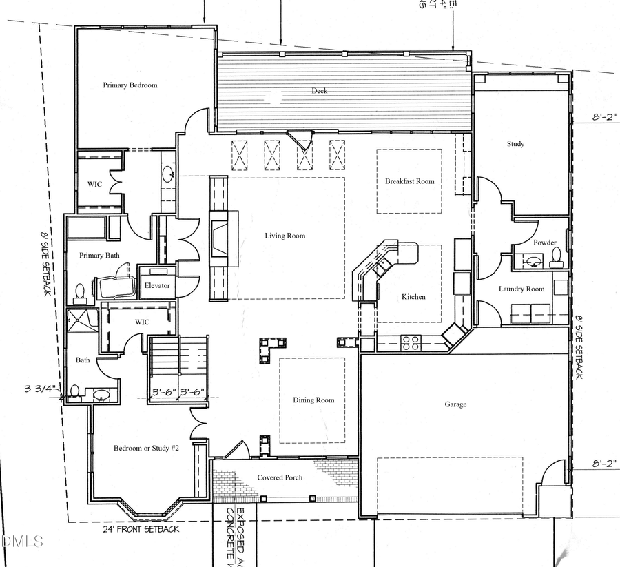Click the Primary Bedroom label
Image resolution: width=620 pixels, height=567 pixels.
(130, 85)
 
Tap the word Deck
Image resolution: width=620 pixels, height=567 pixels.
(319, 91)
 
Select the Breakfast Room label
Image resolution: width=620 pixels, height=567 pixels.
(410, 181)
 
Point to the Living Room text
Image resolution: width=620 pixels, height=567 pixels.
(285, 236)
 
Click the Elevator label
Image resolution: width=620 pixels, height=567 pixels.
(157, 285)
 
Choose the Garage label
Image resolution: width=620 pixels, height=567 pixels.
(455, 404)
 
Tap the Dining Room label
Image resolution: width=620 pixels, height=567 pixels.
(313, 400)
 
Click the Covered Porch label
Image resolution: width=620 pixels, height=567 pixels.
(280, 477)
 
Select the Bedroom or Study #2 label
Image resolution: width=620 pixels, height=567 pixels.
(146, 449)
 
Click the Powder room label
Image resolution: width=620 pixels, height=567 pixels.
(545, 243)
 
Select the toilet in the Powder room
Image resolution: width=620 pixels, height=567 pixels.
(557, 258)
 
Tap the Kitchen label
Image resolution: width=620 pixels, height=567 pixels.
(413, 297)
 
